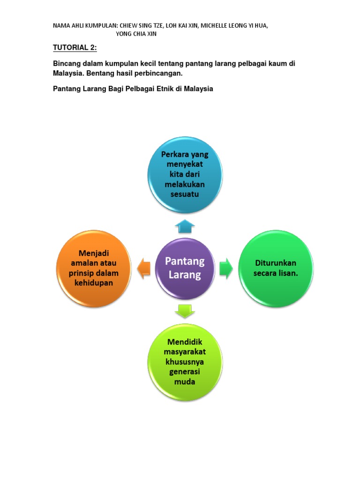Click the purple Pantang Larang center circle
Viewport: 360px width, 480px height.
(185, 269)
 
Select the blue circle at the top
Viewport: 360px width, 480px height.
(185, 174)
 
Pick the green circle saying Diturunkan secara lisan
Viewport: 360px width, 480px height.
(276, 269)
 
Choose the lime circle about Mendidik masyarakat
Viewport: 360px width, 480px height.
(185, 362)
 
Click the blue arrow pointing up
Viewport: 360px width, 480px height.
(185, 226)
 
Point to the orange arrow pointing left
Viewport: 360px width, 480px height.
(143, 269)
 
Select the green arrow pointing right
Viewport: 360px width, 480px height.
(226, 269)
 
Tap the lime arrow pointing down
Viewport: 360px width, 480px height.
(185, 310)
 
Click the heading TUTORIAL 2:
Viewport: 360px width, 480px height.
(75, 48)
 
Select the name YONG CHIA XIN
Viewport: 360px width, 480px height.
(136, 34)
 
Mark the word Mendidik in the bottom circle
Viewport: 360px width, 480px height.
(185, 342)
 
